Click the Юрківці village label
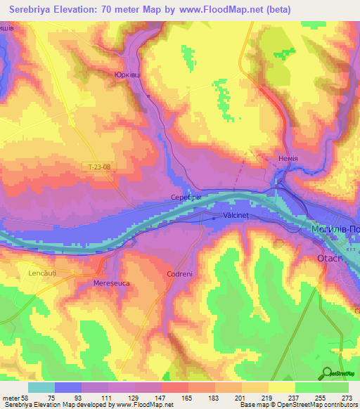coord(126,73)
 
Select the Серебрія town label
coord(186,198)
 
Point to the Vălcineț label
coord(236,217)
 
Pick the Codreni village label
coord(180,274)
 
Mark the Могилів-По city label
coord(334,230)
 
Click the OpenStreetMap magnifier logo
coord(328,372)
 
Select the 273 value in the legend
coord(347,397)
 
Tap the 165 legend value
coord(188,397)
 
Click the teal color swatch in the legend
coord(41,387)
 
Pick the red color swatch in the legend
coord(174,387)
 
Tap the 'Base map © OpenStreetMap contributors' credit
coord(298,405)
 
